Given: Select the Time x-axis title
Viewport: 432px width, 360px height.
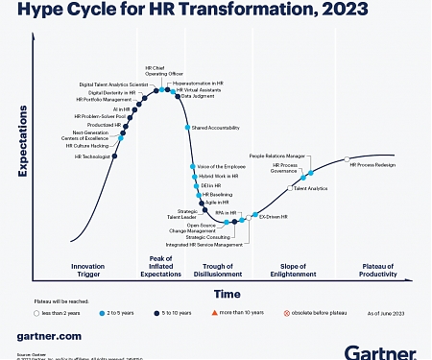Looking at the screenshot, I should [228, 293].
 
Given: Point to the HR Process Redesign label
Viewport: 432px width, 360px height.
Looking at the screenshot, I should [372, 165].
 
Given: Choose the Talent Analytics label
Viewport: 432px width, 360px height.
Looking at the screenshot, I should [310, 189].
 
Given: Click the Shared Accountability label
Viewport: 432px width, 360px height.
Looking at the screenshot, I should [215, 127].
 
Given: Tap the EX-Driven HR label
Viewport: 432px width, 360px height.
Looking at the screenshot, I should [275, 217].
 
